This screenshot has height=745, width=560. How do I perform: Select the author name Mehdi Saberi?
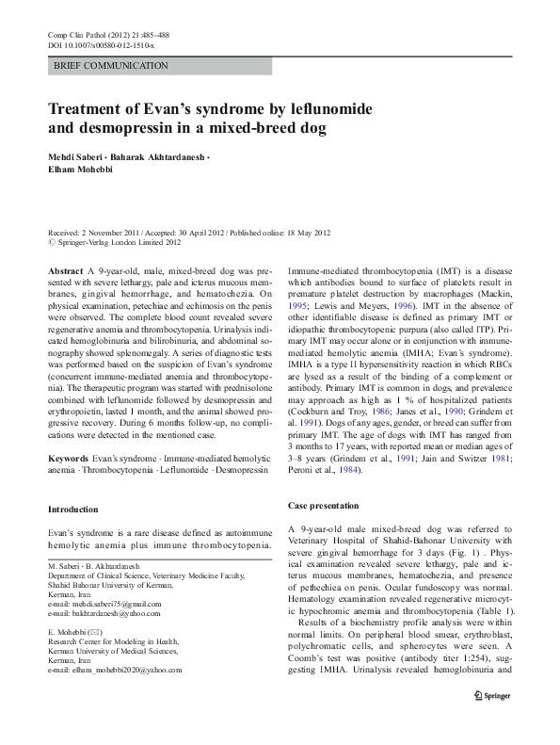[78, 154]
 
